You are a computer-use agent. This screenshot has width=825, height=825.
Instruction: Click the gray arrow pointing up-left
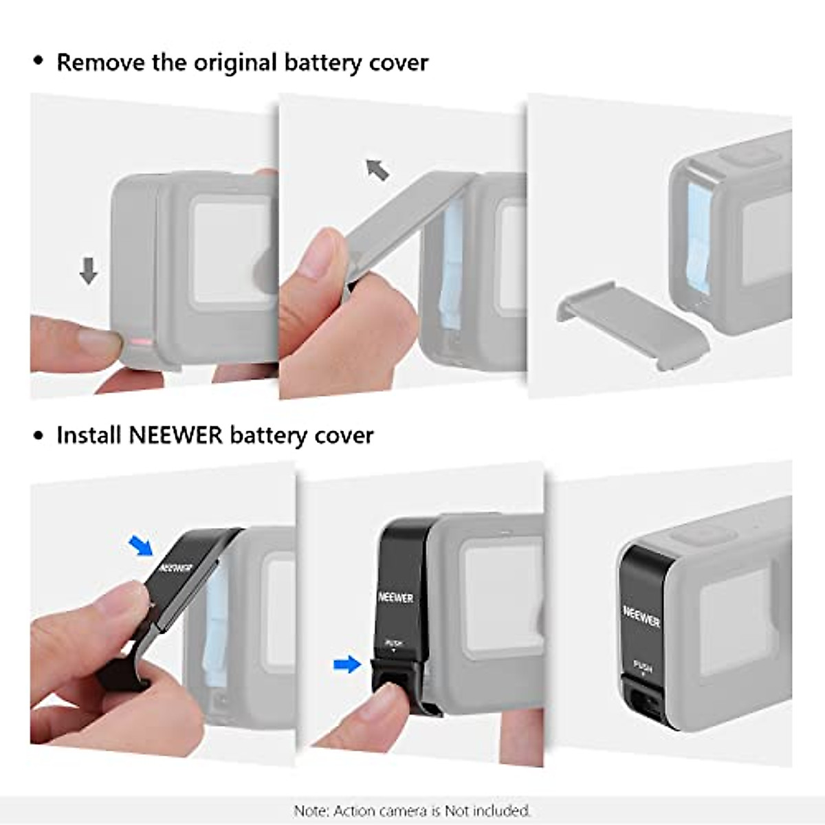(x=377, y=168)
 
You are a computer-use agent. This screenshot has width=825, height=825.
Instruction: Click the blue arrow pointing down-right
(x=142, y=546)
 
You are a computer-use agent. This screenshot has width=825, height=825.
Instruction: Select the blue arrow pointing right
(x=347, y=664)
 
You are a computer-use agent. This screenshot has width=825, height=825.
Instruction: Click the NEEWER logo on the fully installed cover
(x=641, y=616)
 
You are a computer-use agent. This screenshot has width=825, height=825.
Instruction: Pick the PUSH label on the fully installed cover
(x=642, y=666)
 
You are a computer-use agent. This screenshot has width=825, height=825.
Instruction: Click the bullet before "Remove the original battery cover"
(x=38, y=62)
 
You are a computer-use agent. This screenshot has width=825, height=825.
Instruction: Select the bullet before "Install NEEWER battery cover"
(x=38, y=436)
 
